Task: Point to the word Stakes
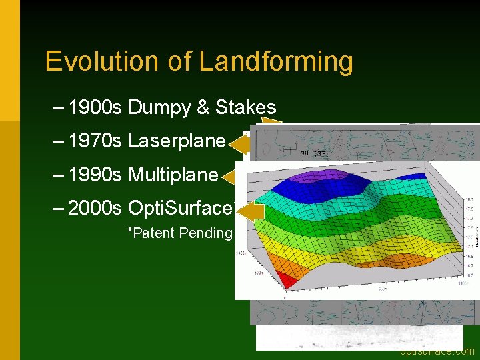(245, 107)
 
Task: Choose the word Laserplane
(177, 141)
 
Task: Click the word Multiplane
(173, 175)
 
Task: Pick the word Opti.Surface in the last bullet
(179, 208)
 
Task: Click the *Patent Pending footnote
(179, 233)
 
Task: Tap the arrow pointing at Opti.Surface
(249, 212)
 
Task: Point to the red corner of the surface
(283, 282)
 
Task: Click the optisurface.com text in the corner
(437, 351)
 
